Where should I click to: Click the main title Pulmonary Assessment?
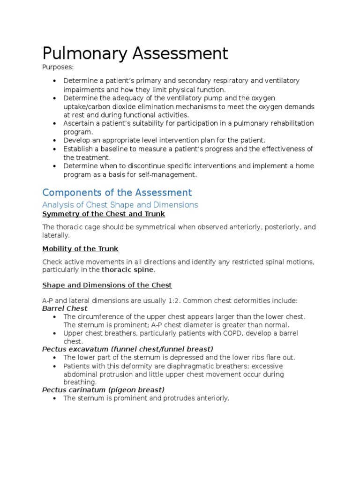135,53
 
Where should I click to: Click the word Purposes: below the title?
58,67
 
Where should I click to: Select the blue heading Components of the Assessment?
117,193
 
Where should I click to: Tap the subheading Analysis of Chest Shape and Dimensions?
120,205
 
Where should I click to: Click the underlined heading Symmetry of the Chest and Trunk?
104,214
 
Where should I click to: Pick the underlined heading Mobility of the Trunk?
80,248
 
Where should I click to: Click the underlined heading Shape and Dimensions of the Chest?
107,285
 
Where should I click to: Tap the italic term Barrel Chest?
65,308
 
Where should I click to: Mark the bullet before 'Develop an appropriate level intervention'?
55,140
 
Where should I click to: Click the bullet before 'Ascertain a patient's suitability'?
55,123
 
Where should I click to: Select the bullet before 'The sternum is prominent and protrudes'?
55,398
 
